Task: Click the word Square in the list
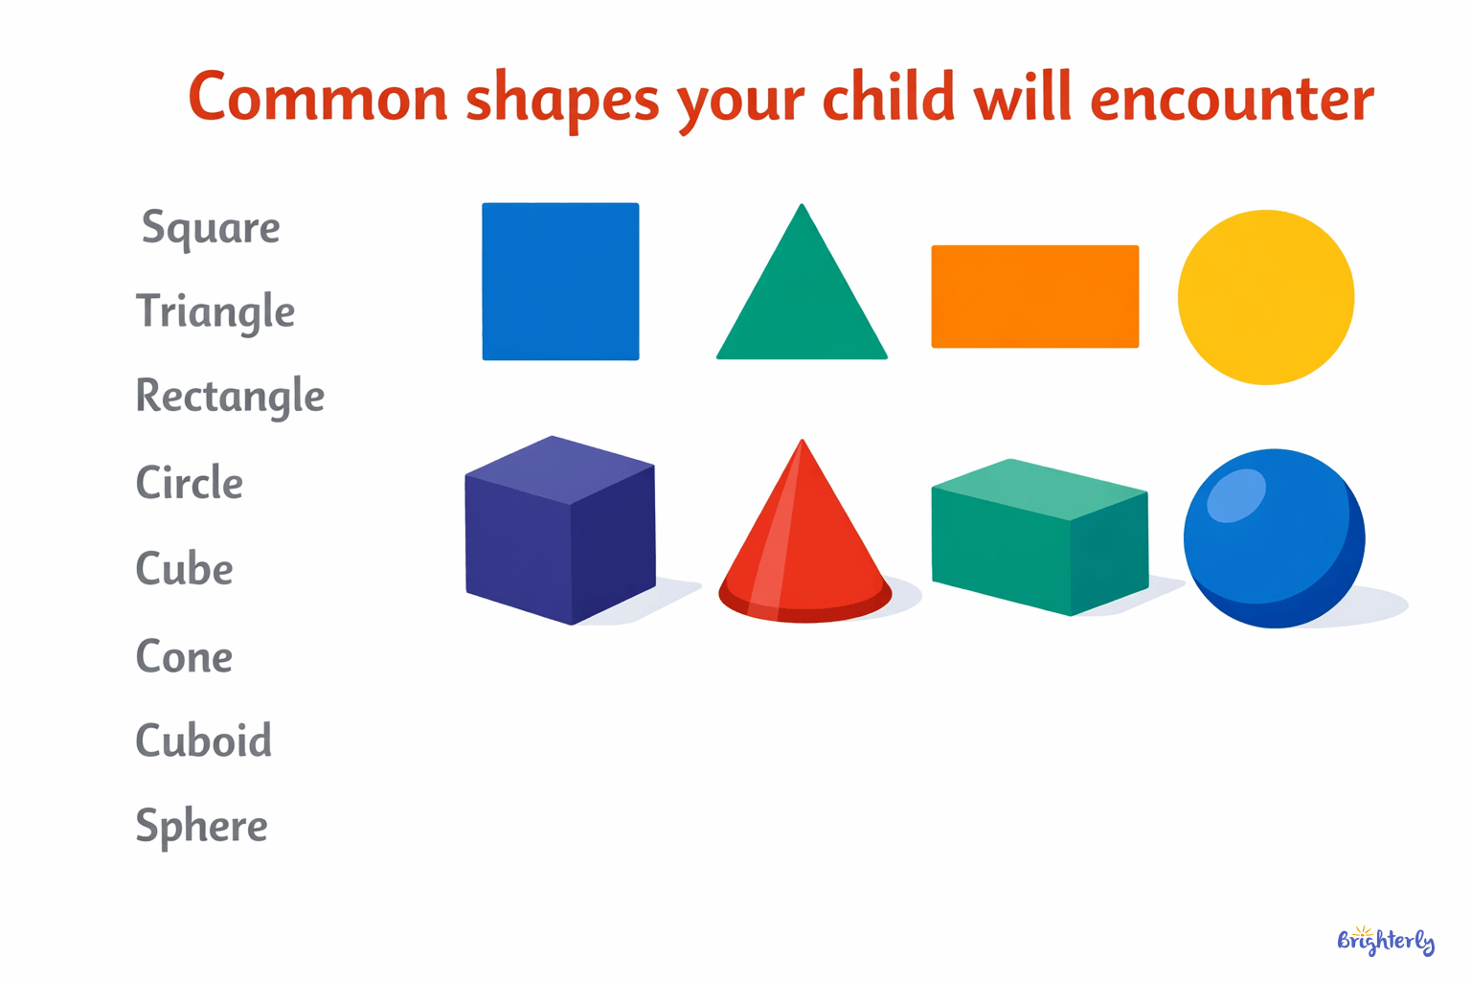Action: click(211, 228)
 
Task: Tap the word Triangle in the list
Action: click(215, 312)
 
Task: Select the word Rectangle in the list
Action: click(230, 396)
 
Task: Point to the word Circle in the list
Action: click(189, 483)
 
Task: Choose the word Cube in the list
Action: click(184, 569)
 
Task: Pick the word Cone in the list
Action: click(184, 657)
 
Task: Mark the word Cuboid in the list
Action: click(203, 741)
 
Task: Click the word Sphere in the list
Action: click(201, 826)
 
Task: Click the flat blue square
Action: click(560, 282)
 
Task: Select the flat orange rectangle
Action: click(1034, 296)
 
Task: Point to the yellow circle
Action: click(1265, 297)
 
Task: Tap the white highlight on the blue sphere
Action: click(1235, 496)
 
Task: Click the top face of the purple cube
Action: click(559, 469)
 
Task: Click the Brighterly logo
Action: click(1385, 940)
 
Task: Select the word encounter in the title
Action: click(1232, 98)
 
